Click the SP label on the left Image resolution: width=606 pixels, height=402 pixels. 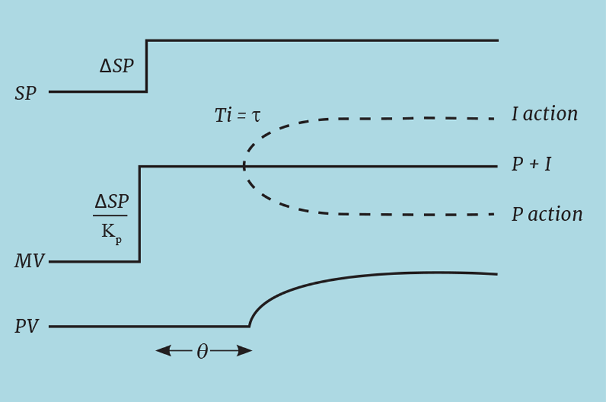[26, 94]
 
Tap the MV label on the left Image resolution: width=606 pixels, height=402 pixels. [29, 262]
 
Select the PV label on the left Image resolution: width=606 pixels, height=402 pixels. [27, 327]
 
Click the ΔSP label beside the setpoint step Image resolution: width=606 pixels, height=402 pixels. [116, 66]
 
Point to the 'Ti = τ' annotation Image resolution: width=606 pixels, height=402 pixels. [238, 115]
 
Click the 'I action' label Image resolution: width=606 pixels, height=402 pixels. [544, 114]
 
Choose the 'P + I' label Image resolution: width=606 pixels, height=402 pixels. [531, 165]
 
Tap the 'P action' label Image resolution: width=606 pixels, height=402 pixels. [547, 215]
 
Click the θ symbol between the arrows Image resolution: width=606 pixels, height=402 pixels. [202, 352]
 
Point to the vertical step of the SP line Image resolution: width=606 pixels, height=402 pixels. [147, 66]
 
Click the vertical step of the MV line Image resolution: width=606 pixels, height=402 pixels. [140, 214]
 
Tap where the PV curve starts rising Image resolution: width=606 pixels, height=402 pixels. [249, 325]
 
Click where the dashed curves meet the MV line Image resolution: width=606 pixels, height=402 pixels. [244, 166]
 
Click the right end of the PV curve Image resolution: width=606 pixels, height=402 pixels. [497, 274]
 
